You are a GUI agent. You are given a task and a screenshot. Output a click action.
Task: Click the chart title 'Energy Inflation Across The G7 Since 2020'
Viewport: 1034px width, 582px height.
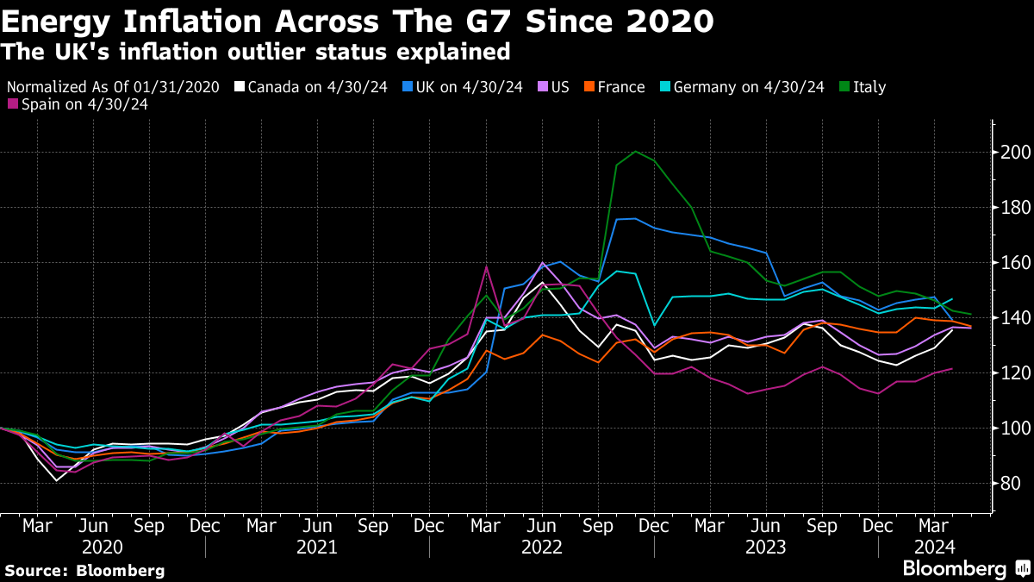(x=357, y=20)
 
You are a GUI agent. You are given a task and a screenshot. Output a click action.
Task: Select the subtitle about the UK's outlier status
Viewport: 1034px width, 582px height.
(x=255, y=52)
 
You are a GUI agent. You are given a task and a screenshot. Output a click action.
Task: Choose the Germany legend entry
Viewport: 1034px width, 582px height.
(x=742, y=87)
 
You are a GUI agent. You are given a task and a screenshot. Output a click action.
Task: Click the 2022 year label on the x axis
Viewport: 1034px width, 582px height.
(x=541, y=547)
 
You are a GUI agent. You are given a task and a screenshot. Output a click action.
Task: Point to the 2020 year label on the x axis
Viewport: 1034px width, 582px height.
(x=103, y=547)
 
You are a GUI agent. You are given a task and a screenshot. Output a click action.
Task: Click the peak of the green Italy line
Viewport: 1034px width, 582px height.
(x=636, y=152)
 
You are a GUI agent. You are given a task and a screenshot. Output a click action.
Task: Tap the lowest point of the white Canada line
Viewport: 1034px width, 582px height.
(x=57, y=479)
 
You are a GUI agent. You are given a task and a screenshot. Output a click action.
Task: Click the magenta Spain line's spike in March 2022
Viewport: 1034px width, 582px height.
(x=486, y=266)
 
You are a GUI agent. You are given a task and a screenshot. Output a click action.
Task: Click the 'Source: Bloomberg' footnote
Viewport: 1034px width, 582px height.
(x=84, y=570)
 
